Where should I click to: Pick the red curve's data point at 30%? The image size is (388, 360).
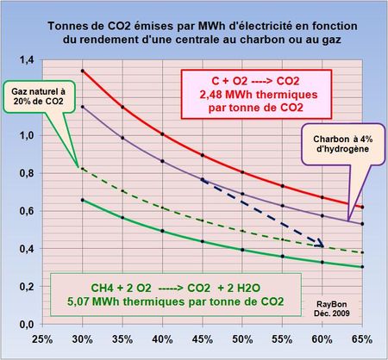click(81, 71)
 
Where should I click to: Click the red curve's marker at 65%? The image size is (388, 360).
click(362, 207)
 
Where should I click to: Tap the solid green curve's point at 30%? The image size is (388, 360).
click(81, 200)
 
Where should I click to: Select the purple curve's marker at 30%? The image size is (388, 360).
click(81, 107)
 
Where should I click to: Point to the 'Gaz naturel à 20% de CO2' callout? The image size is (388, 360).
click(36, 95)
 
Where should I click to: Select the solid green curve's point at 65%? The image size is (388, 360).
click(362, 267)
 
